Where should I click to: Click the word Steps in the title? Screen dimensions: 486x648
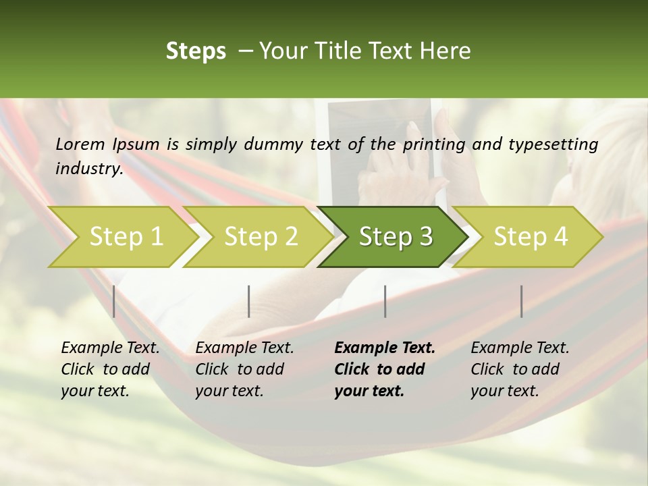[196, 51]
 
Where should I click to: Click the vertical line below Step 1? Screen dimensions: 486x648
[114, 301]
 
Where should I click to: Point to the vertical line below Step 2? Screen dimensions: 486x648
[249, 301]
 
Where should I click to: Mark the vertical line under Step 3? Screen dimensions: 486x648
[385, 301]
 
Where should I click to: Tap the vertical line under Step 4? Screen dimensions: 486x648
[522, 301]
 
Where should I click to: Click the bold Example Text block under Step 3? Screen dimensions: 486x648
[385, 369]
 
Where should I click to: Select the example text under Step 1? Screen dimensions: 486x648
[110, 369]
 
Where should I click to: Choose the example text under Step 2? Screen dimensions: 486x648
[244, 369]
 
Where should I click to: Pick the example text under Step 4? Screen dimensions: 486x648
[520, 369]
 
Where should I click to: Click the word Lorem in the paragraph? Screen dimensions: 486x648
[80, 144]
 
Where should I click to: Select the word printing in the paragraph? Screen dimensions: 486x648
[434, 144]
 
